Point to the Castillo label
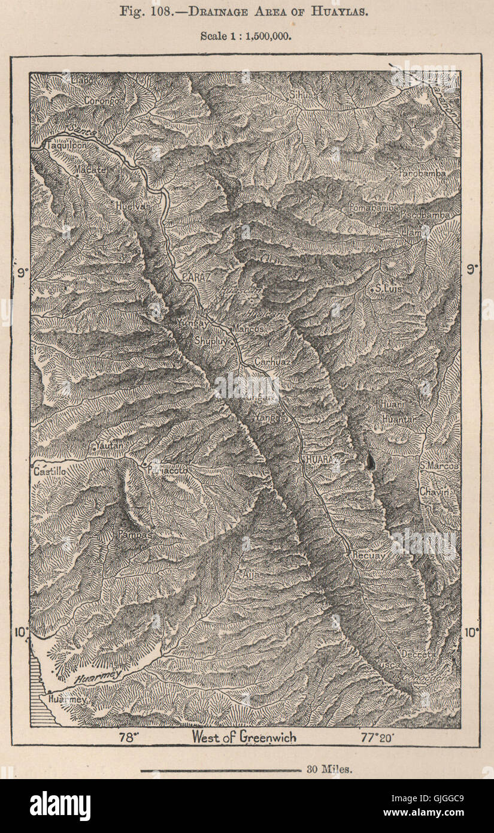click(x=49, y=472)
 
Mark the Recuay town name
click(x=368, y=555)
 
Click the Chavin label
click(x=438, y=491)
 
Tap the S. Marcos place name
click(x=439, y=466)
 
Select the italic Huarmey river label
click(x=98, y=675)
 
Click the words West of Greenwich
click(x=244, y=737)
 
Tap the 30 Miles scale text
click(x=329, y=769)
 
